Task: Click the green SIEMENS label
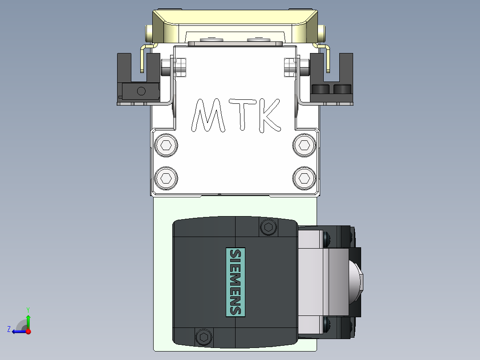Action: (x=236, y=282)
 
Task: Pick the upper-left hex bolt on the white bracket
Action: (x=166, y=145)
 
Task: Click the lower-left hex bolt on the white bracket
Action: (x=166, y=178)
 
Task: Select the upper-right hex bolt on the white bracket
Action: (x=304, y=145)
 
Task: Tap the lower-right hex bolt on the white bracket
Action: (x=304, y=178)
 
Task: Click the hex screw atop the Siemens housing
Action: (x=268, y=227)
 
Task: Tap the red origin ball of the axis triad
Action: (x=28, y=331)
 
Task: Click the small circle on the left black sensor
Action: (x=141, y=91)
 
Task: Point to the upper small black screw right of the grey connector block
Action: (x=328, y=239)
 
